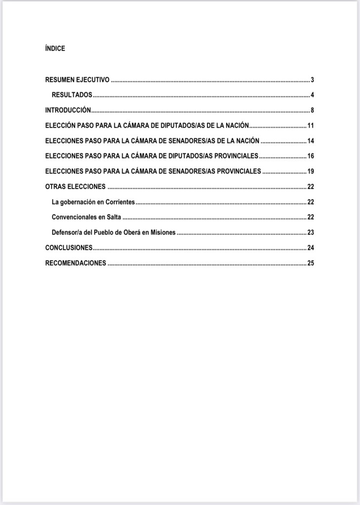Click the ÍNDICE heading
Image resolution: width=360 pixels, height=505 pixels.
(x=55, y=49)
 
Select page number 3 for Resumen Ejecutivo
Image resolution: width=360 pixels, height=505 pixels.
(x=313, y=80)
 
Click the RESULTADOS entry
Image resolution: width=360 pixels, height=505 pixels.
(x=72, y=95)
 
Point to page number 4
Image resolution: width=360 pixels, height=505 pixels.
(x=313, y=95)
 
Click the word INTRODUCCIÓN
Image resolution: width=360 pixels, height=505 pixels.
(x=68, y=110)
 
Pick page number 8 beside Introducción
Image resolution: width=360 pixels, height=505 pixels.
(x=313, y=111)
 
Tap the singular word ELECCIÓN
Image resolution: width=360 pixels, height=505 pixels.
(x=60, y=125)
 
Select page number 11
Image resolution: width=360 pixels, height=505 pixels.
(x=311, y=126)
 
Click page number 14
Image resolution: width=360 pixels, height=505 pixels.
(x=311, y=141)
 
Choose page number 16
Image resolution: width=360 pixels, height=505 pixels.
(x=311, y=156)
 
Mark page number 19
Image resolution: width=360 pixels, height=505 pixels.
(x=311, y=172)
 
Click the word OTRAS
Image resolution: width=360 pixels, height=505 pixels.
(x=55, y=187)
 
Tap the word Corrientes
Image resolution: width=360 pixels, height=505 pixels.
(x=120, y=202)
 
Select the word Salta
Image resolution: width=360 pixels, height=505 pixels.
(x=114, y=217)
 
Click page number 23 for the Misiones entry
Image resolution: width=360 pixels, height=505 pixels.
(x=311, y=233)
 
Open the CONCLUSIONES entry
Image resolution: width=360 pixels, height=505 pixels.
(x=69, y=248)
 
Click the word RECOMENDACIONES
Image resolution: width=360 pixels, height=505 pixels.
(x=76, y=263)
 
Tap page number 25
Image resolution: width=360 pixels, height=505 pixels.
(x=311, y=263)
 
